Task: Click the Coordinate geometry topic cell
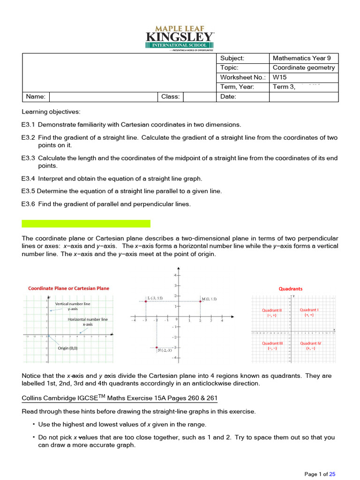pos(304,67)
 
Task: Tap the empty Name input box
pos(103,97)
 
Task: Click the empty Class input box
pos(196,97)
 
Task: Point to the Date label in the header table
pos(228,97)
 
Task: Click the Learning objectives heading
pos(51,112)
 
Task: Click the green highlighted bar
pos(86,224)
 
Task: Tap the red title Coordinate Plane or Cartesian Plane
pos(68,288)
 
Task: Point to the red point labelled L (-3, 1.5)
pos(146,301)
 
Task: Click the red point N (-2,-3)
pos(157,347)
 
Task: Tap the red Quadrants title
pos(291,289)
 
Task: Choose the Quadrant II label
pos(272,310)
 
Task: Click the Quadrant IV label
pos(310,343)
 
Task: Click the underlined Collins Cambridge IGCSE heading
pos(120,398)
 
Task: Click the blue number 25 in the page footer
pos(332,474)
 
